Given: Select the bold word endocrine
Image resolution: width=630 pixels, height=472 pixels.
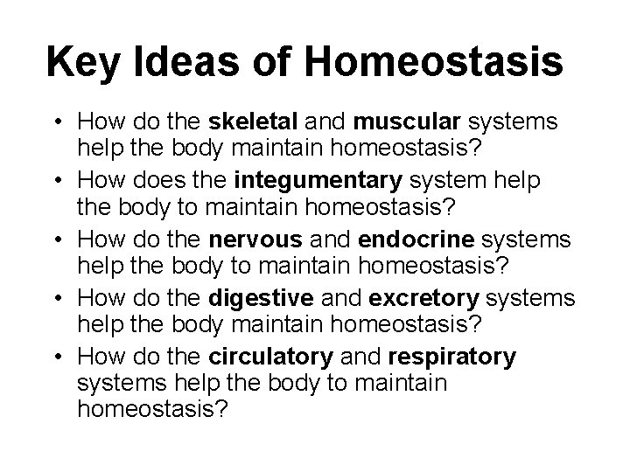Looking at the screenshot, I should click(x=399, y=239).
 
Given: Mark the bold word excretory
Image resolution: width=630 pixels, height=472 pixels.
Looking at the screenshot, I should click(x=424, y=299).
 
